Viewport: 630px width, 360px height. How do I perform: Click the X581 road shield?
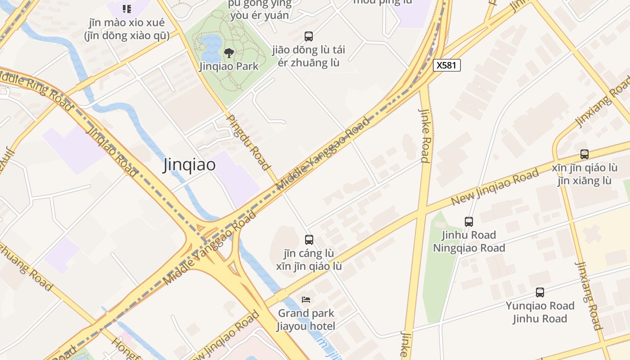446,65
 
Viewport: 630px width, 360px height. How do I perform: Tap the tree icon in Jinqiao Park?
229,53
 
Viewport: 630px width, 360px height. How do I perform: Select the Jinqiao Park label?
229,66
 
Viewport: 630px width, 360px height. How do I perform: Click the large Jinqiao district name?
189,165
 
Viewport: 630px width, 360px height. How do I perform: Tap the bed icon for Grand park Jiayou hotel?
306,299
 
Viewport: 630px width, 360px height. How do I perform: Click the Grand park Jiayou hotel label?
306,319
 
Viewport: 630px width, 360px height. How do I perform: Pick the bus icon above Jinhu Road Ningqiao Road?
469,221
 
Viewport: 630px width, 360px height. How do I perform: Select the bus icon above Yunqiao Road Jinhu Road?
540,292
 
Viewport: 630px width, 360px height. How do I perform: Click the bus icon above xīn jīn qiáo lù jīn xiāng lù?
585,154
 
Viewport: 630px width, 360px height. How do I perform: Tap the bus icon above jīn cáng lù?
309,240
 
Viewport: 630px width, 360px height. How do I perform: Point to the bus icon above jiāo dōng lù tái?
309,36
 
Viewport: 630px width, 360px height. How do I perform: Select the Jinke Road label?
425,135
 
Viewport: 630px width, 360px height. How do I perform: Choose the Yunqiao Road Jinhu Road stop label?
540,312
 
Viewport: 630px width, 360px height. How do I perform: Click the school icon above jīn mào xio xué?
127,9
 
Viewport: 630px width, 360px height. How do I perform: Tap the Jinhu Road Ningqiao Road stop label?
469,241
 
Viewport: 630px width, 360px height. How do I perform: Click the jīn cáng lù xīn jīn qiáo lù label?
309,260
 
